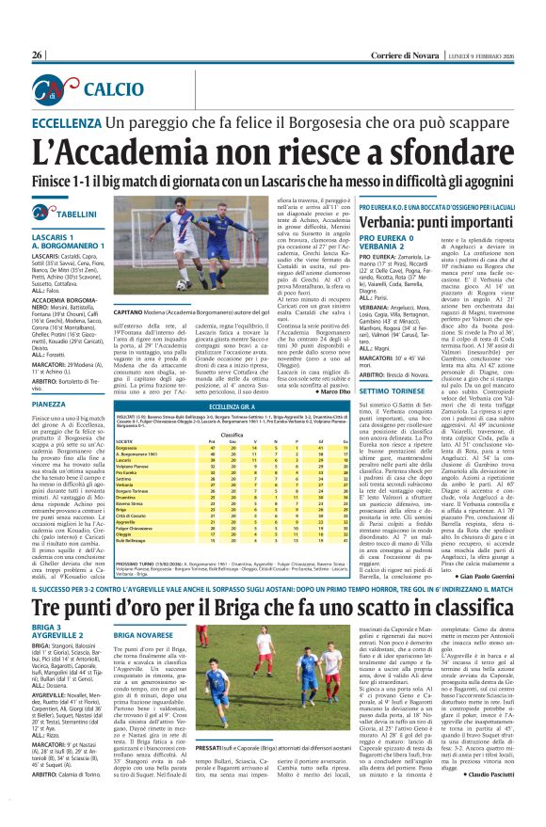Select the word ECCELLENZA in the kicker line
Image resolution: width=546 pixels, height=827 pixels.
pos(70,122)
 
